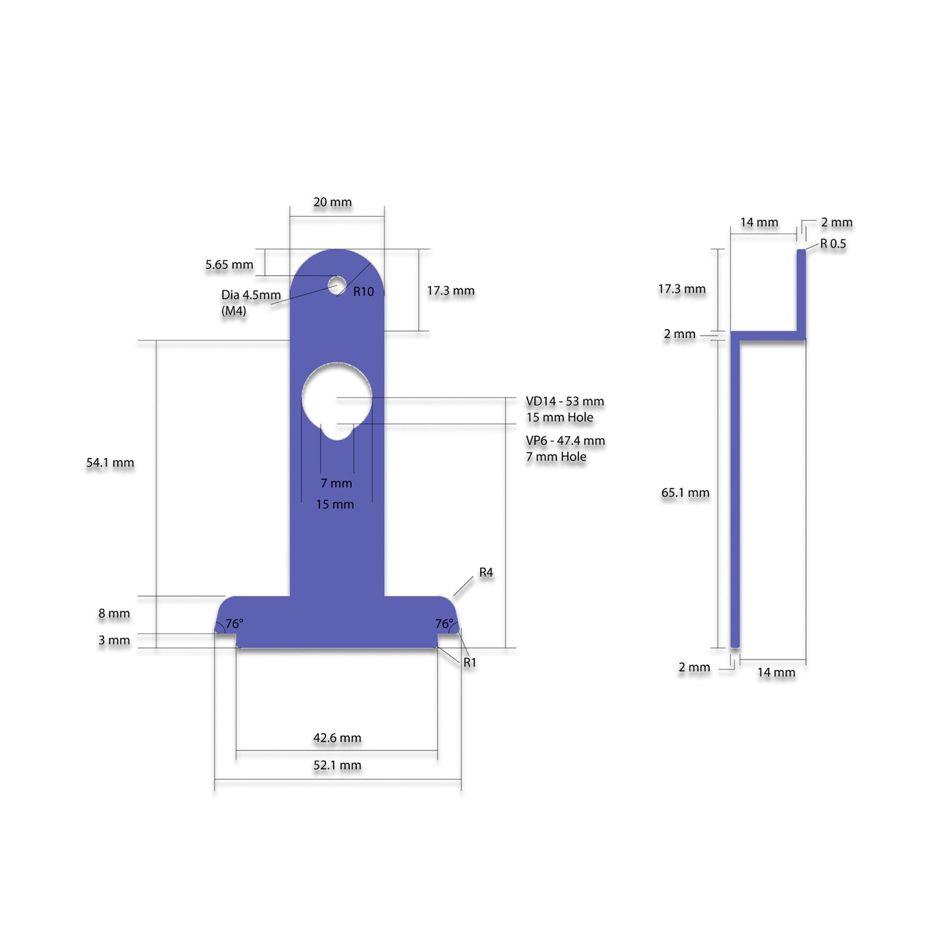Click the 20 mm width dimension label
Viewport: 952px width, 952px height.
point(333,202)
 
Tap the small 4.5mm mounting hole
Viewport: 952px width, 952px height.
point(337,285)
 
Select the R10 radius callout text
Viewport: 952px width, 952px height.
point(364,292)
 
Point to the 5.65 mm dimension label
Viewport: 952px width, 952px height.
point(229,265)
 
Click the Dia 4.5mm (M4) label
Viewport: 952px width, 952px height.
point(251,303)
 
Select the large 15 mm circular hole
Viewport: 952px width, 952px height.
point(337,397)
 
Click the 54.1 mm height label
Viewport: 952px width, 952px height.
point(110,463)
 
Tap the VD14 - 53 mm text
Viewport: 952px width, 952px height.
point(565,401)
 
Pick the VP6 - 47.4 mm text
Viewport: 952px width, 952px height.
point(565,441)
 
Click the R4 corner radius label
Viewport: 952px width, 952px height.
point(486,573)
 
